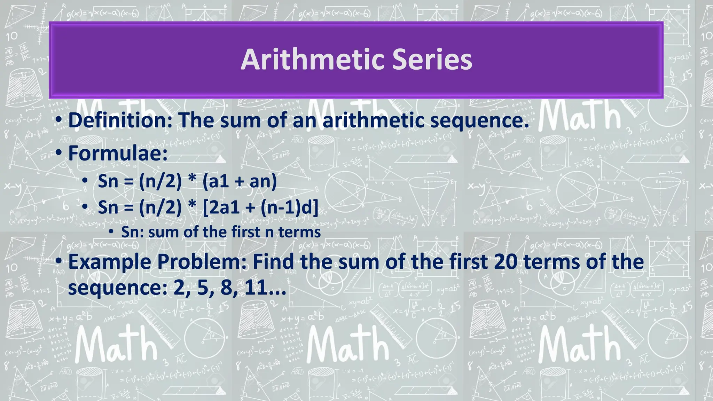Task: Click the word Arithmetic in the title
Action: [312, 60]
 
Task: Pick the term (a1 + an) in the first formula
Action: [240, 181]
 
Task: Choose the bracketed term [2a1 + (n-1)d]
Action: [260, 207]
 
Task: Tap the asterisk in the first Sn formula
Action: [191, 180]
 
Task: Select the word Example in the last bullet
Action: [110, 262]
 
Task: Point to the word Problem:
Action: [202, 262]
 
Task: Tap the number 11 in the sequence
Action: [256, 288]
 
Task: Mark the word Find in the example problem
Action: [274, 262]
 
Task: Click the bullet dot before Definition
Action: [59, 120]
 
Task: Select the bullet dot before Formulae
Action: [59, 153]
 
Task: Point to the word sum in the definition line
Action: [240, 121]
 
